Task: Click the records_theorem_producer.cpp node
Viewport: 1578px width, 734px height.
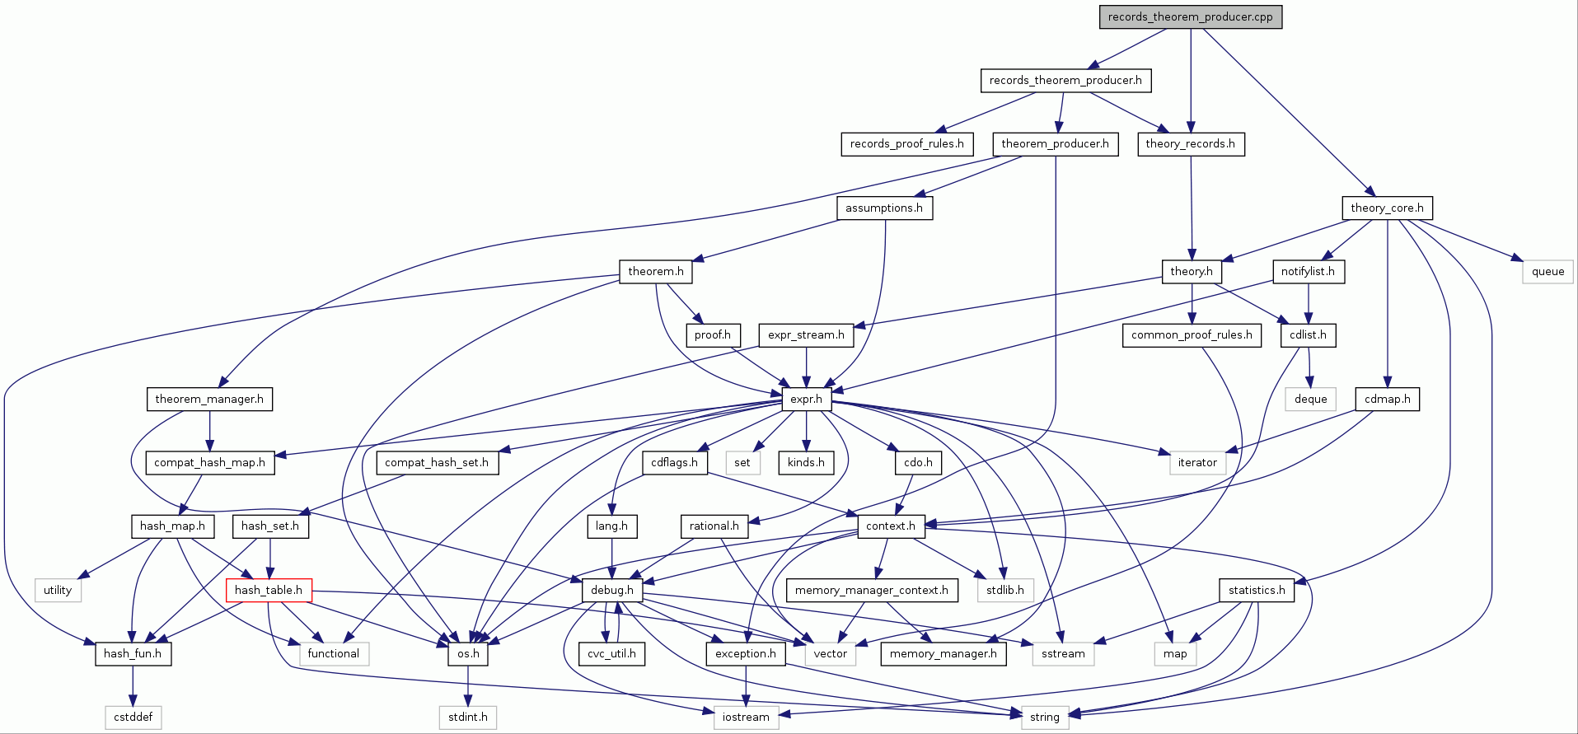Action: [1190, 17]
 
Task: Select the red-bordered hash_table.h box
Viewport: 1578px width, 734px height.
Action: [269, 590]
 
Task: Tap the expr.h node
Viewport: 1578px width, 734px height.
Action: [806, 400]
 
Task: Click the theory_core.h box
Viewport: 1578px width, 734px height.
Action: [1387, 208]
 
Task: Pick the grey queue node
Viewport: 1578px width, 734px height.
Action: [1548, 272]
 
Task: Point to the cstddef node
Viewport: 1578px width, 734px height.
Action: [133, 717]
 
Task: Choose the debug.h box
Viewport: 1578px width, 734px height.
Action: [611, 590]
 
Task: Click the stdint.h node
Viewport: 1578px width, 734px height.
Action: [468, 717]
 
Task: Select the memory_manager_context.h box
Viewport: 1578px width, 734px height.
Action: [871, 590]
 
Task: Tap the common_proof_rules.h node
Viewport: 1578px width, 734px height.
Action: [1191, 335]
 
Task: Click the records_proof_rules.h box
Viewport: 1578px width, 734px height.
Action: [906, 144]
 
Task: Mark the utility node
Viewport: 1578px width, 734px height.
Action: [58, 590]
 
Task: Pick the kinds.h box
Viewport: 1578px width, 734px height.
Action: [806, 462]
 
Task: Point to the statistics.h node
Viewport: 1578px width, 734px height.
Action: [1256, 590]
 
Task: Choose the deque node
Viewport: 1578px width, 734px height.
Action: [1310, 400]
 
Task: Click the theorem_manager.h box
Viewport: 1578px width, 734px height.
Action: [209, 400]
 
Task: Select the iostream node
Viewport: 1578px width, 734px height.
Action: [746, 717]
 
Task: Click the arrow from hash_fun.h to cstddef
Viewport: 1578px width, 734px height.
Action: [133, 685]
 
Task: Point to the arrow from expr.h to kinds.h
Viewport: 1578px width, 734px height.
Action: [806, 431]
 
